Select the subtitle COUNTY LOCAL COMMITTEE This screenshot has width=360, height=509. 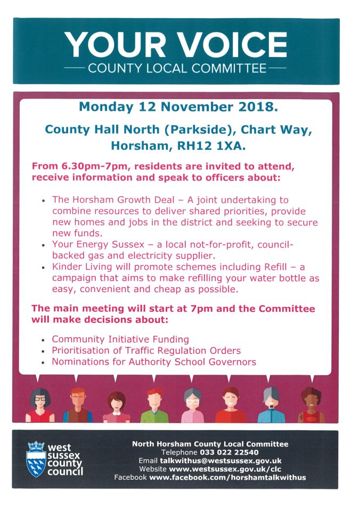[176, 69]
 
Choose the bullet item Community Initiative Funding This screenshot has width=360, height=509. [120, 339]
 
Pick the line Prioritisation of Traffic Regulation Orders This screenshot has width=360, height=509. [146, 350]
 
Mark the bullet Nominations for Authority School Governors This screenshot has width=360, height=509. [154, 362]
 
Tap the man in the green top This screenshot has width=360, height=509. [154, 405]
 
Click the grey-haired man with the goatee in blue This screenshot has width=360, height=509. [269, 405]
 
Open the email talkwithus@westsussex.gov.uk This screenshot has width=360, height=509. [220, 460]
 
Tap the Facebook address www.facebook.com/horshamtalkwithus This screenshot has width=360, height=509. [227, 477]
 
